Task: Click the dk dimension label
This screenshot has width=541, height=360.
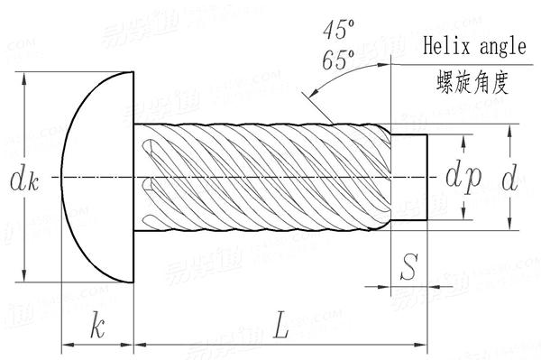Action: (x=23, y=180)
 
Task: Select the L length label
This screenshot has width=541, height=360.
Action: (x=280, y=326)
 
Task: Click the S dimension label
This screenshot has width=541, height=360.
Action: (x=408, y=267)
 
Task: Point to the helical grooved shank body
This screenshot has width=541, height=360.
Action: (x=261, y=178)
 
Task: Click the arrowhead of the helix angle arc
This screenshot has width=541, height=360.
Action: (x=310, y=93)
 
